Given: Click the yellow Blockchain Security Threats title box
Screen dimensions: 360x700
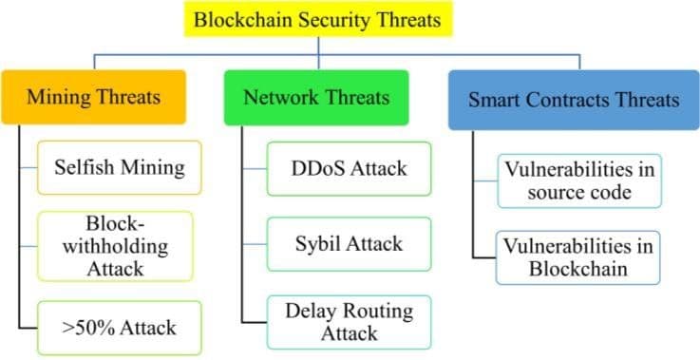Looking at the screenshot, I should pyautogui.click(x=317, y=19).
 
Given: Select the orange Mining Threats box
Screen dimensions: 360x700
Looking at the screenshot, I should pyautogui.click(x=92, y=96).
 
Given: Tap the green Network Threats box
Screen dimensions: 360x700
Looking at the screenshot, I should pyautogui.click(x=314, y=96).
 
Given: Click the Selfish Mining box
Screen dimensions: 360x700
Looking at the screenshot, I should pyautogui.click(x=118, y=168).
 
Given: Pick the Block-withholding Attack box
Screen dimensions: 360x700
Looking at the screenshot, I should pyautogui.click(x=118, y=245).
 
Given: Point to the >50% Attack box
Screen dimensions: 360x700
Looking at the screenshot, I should pyautogui.click(x=118, y=328).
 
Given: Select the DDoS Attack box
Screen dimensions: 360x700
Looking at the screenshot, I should pyautogui.click(x=349, y=169).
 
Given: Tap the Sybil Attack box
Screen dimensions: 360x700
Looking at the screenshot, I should pyautogui.click(x=349, y=244).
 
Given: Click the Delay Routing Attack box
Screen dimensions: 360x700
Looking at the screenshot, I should pyautogui.click(x=349, y=321).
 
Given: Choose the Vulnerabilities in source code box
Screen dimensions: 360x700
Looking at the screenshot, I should pyautogui.click(x=578, y=180).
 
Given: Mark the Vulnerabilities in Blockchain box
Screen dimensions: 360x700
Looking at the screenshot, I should pyautogui.click(x=578, y=256).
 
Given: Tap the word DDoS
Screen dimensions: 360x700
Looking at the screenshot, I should pyautogui.click(x=315, y=169).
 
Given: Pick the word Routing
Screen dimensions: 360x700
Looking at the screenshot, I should pyautogui.click(x=376, y=311).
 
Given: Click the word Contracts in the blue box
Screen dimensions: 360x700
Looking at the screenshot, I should pyautogui.click(x=568, y=99).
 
